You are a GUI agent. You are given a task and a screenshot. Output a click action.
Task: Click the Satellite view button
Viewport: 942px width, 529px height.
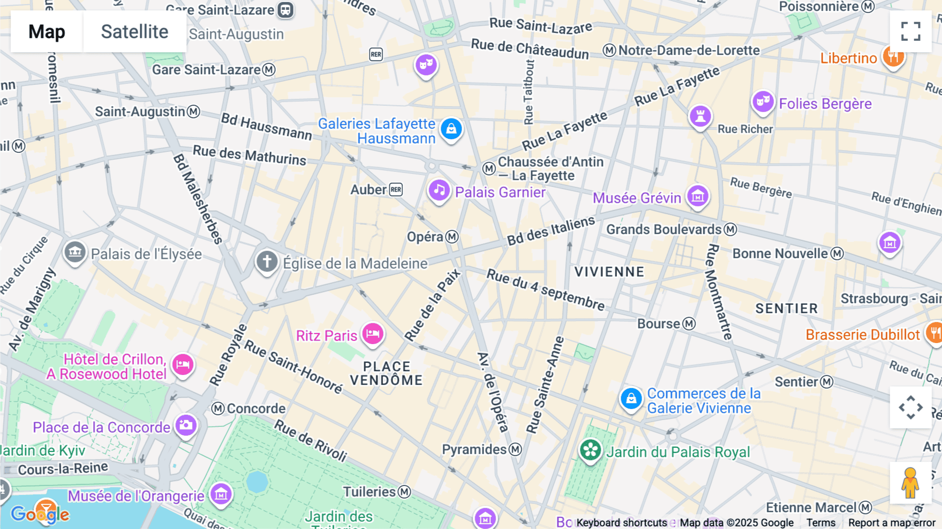click(x=134, y=31)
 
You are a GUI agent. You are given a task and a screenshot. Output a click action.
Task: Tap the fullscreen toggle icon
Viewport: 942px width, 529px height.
click(x=911, y=31)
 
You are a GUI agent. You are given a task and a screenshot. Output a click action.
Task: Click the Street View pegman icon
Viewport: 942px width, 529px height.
click(x=910, y=483)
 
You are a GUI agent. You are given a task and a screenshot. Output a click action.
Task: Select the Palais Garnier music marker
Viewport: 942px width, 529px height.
click(x=439, y=191)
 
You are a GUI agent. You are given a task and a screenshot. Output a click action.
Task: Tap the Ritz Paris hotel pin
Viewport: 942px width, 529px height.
click(x=373, y=334)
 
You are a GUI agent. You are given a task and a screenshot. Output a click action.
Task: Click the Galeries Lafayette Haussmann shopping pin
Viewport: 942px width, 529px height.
click(x=451, y=128)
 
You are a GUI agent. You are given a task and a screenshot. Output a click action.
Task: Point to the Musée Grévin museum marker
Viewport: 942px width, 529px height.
click(x=698, y=196)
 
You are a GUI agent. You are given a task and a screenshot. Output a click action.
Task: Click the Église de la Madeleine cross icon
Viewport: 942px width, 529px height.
click(x=267, y=261)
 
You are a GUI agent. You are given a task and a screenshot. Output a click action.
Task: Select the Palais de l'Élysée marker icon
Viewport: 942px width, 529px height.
click(x=75, y=252)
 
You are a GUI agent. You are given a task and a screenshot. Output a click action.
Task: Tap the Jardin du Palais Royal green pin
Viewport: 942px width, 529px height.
click(x=590, y=450)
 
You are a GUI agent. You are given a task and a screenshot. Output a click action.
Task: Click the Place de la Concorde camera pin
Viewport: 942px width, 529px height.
click(x=186, y=425)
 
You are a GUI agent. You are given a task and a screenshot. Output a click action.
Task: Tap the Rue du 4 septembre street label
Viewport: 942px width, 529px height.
click(x=545, y=290)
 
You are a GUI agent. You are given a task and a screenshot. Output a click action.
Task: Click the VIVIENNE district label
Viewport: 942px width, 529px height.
click(x=609, y=272)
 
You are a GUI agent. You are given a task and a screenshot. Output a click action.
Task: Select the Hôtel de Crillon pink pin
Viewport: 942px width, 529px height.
click(x=183, y=364)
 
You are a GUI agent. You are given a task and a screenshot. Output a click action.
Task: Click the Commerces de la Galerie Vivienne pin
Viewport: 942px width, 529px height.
click(x=631, y=399)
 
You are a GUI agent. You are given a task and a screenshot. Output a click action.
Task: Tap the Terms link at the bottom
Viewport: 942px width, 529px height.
click(x=821, y=523)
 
